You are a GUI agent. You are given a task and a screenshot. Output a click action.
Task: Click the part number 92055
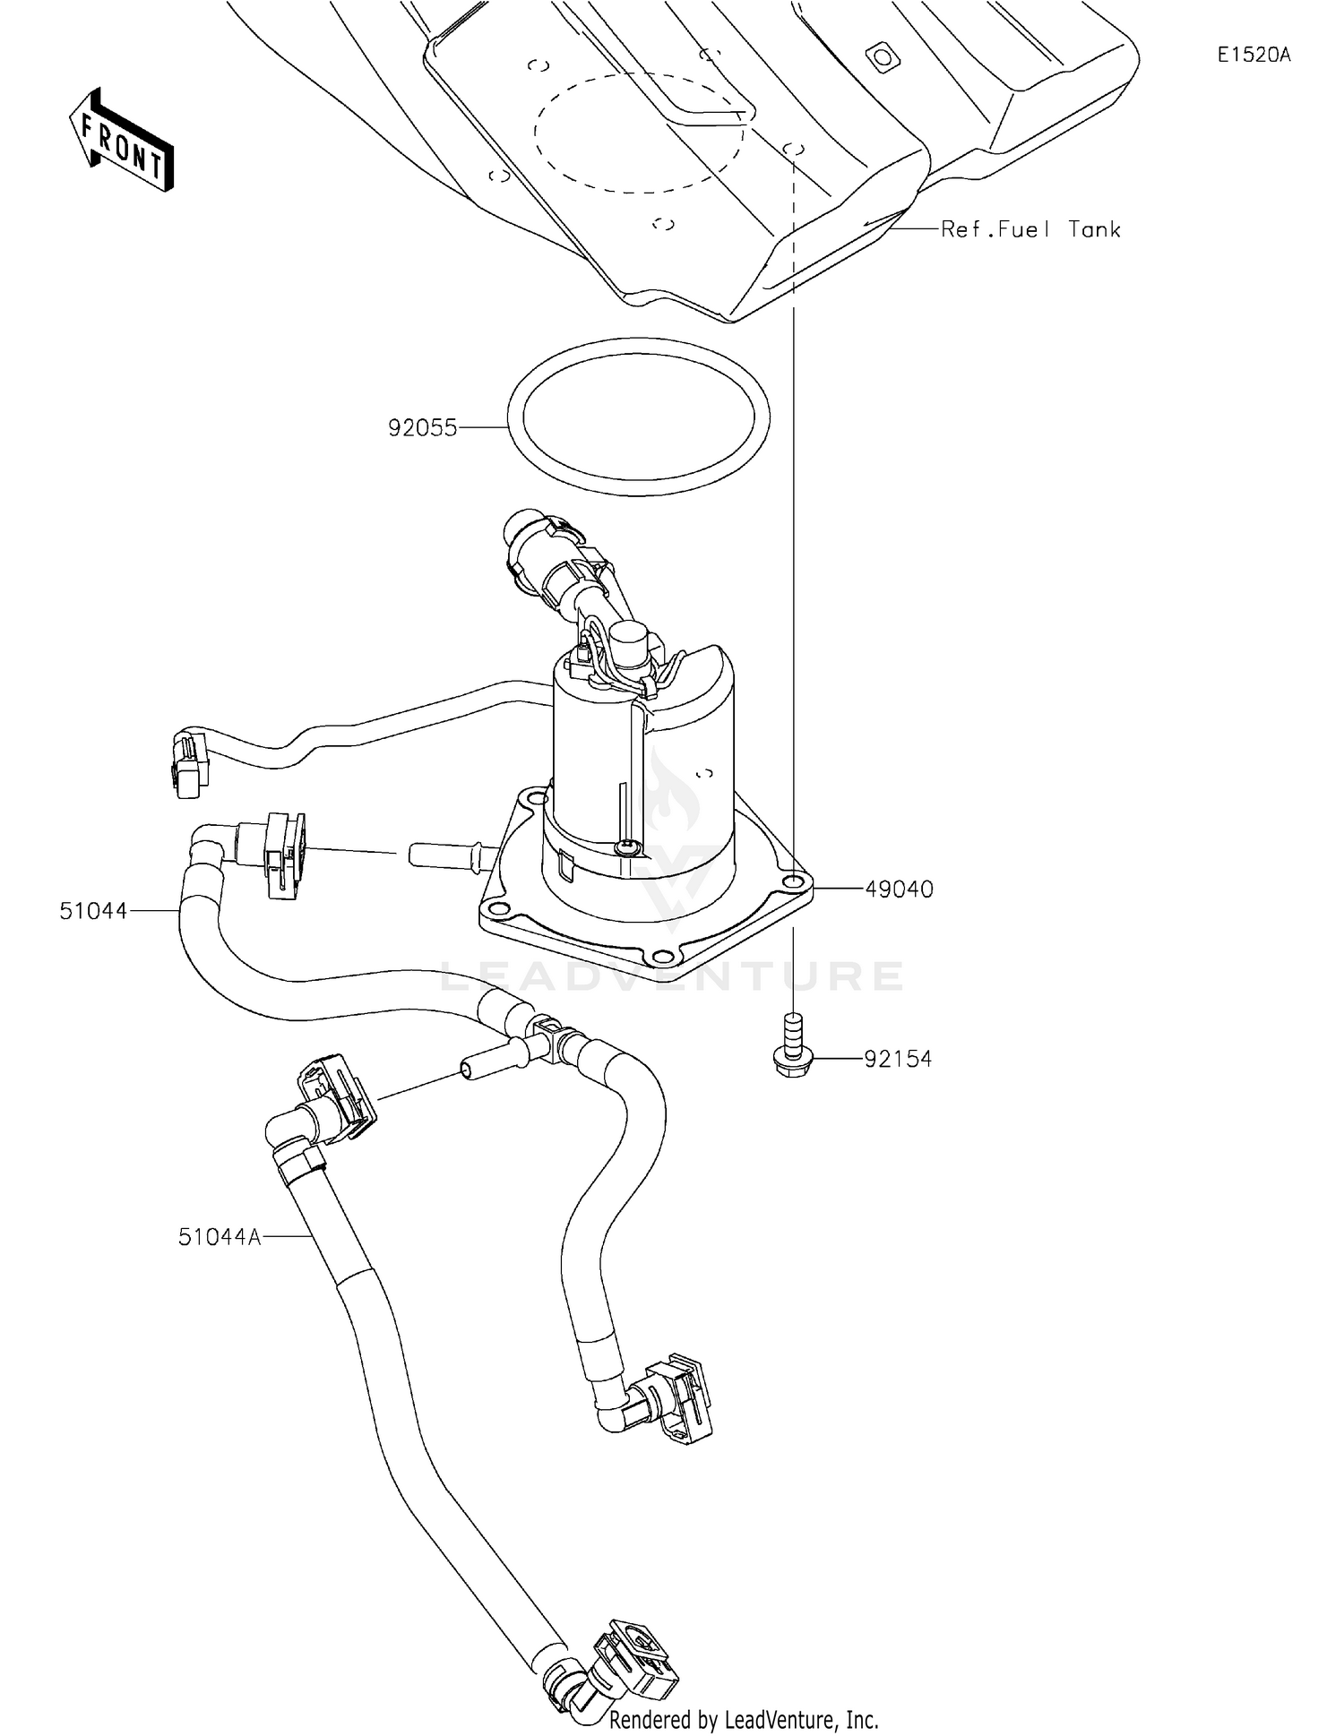422,428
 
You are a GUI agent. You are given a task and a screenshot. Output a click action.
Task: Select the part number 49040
899,889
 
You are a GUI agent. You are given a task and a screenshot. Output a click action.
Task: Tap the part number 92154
898,1059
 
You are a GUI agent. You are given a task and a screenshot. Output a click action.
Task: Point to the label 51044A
220,1237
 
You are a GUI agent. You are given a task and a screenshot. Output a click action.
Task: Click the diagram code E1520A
1254,55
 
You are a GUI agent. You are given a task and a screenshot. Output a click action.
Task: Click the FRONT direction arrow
122,140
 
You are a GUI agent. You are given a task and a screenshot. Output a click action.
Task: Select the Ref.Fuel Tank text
1030,229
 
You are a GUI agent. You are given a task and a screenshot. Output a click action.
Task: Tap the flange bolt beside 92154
792,1045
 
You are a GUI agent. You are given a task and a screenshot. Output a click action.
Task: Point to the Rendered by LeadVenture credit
744,1720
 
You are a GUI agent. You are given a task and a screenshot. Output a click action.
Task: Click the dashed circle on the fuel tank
639,133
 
